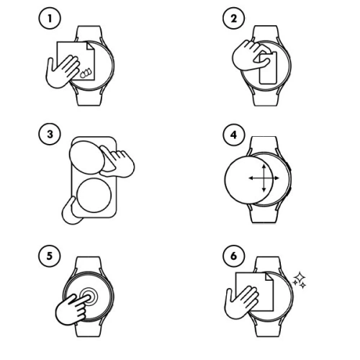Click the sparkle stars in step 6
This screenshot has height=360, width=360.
[299, 279]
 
